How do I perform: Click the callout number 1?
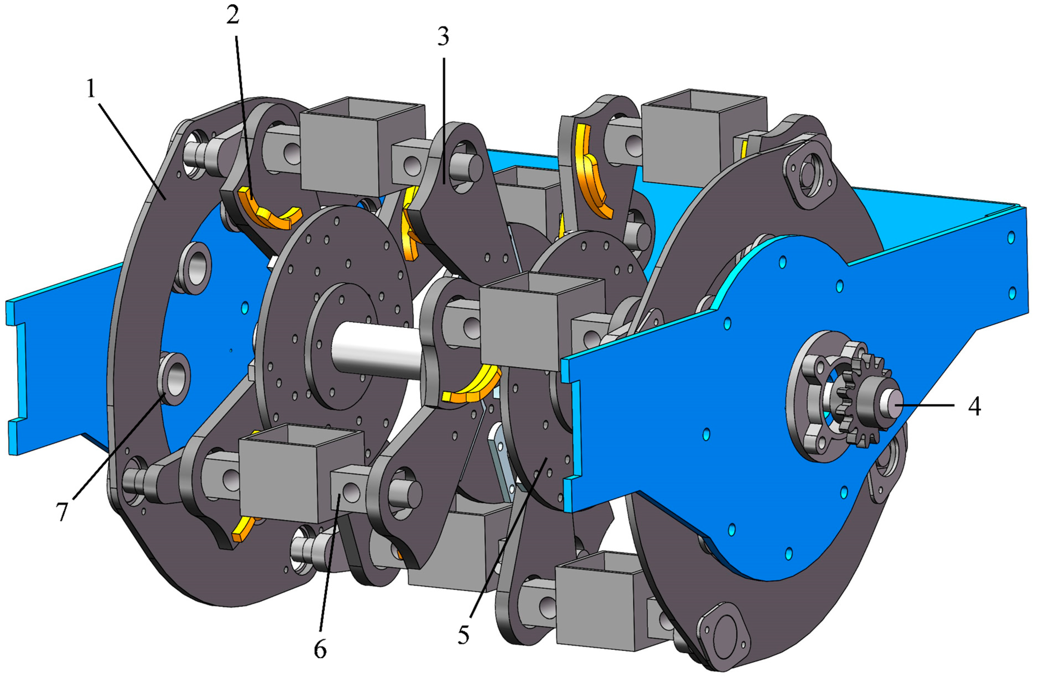91,89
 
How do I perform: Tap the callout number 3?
443,37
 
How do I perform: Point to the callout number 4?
974,407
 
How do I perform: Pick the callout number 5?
463,635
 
